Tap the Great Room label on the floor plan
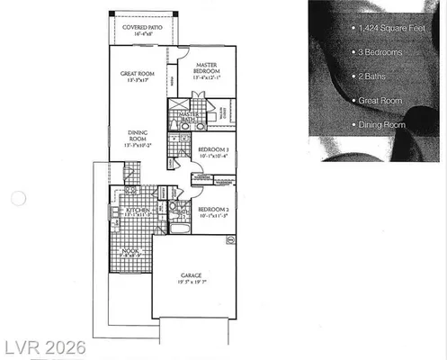pyautogui.click(x=139, y=75)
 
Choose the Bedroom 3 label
pyautogui.click(x=212, y=148)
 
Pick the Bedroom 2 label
pyautogui.click(x=212, y=210)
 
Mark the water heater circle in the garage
pyautogui.click(x=230, y=241)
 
